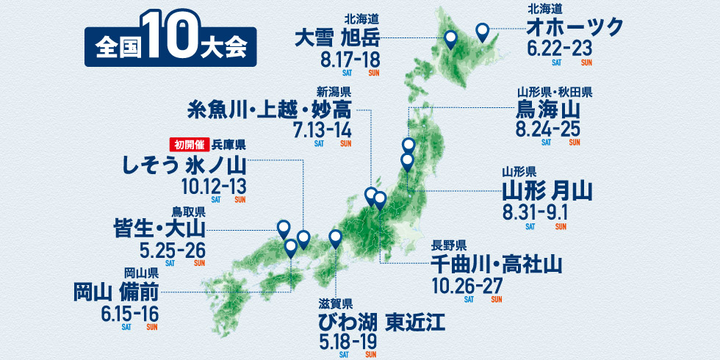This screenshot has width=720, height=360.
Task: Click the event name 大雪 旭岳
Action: coord(336,37)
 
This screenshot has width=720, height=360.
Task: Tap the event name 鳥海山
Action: coord(549,112)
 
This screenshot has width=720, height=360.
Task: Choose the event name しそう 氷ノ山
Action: coord(185,163)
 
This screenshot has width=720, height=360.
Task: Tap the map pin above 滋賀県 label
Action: coord(336,237)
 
